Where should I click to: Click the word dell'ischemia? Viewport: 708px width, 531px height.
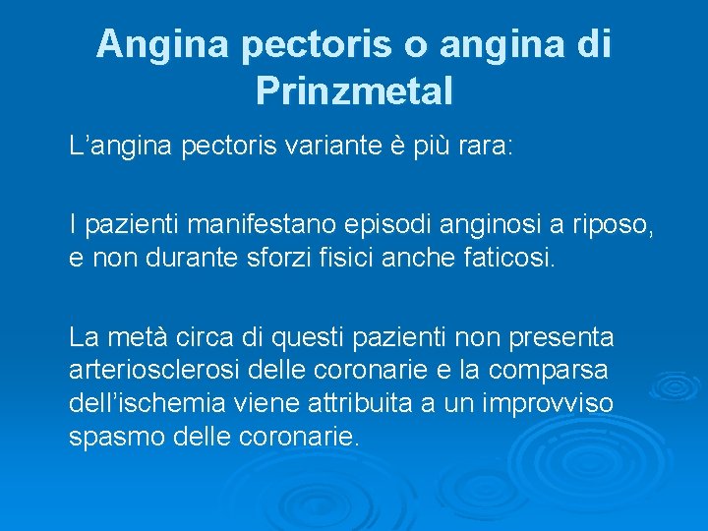coord(149,404)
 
